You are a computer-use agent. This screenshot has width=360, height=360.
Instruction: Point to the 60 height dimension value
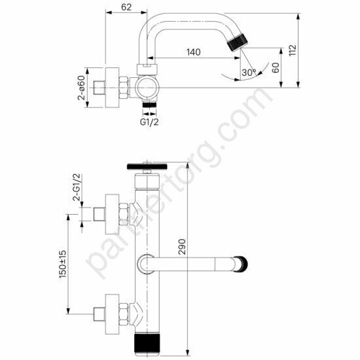(276, 66)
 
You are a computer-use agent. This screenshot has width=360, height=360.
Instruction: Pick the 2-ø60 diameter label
(82, 88)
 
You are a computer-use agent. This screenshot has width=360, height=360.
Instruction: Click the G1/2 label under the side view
(150, 121)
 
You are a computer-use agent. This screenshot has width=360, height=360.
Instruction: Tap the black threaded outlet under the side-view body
(150, 104)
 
